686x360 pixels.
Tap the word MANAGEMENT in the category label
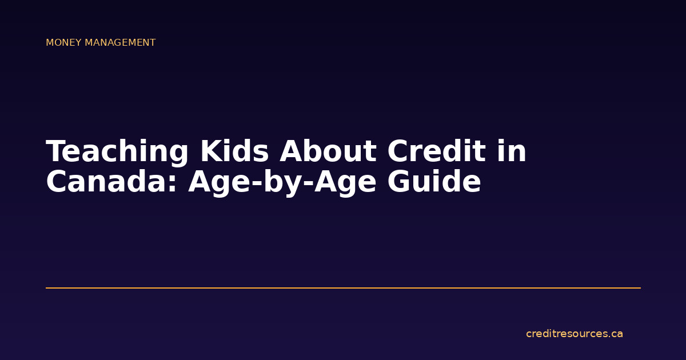pyautogui.click(x=121, y=43)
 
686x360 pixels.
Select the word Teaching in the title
pyautogui.click(x=118, y=152)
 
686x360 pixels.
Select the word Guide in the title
pyautogui.click(x=434, y=183)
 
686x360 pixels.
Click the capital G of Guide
pyautogui.click(x=400, y=183)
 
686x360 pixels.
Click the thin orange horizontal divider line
pyautogui.click(x=343, y=288)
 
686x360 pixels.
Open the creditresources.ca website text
pyautogui.click(x=574, y=334)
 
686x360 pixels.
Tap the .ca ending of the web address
pyautogui.click(x=615, y=334)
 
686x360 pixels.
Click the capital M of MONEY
pyautogui.click(x=50, y=43)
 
